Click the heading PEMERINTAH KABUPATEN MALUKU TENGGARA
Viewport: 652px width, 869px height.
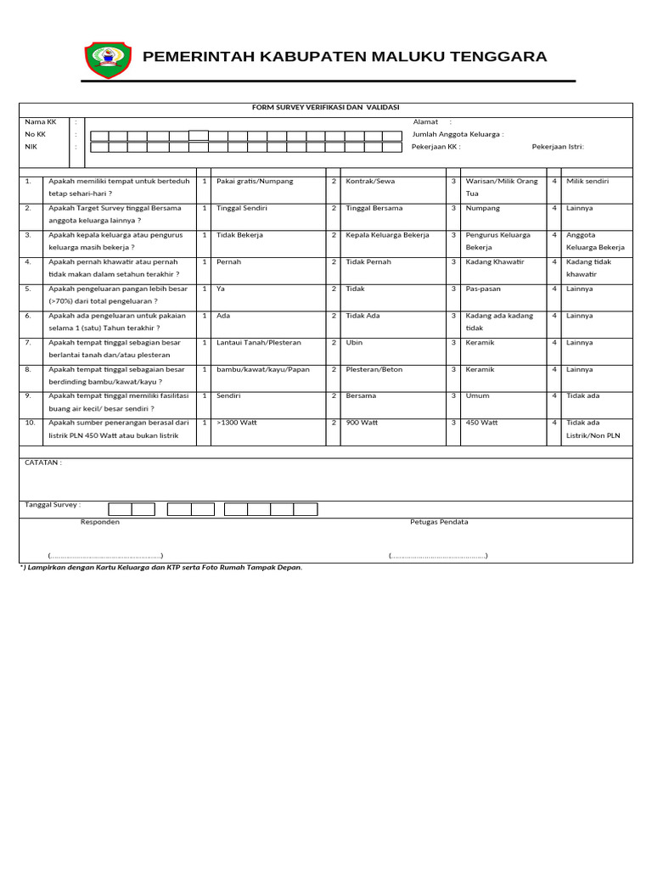pyautogui.click(x=345, y=57)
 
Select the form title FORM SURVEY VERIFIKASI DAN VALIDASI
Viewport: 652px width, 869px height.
pyautogui.click(x=325, y=108)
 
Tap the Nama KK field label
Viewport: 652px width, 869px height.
pyautogui.click(x=40, y=122)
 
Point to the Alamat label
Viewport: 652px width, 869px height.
pyautogui.click(x=425, y=122)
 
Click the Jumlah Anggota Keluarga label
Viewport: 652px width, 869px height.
pyautogui.click(x=458, y=134)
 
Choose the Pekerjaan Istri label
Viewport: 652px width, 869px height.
pyautogui.click(x=558, y=147)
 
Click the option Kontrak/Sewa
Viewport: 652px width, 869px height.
pyautogui.click(x=370, y=182)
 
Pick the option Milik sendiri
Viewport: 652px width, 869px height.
pyautogui.click(x=587, y=182)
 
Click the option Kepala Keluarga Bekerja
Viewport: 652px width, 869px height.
pyautogui.click(x=387, y=235)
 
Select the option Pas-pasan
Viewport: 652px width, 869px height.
pyautogui.click(x=483, y=289)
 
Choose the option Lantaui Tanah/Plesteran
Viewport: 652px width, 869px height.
pyautogui.click(x=259, y=343)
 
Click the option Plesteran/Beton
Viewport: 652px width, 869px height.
pyautogui.click(x=374, y=370)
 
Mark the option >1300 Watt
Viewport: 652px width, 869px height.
pyautogui.click(x=237, y=423)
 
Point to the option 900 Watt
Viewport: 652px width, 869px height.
pyautogui.click(x=362, y=423)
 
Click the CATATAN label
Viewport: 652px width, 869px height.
pyautogui.click(x=42, y=463)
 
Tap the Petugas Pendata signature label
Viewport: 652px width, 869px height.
pyautogui.click(x=439, y=523)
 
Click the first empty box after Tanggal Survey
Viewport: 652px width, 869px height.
pyautogui.click(x=120, y=509)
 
